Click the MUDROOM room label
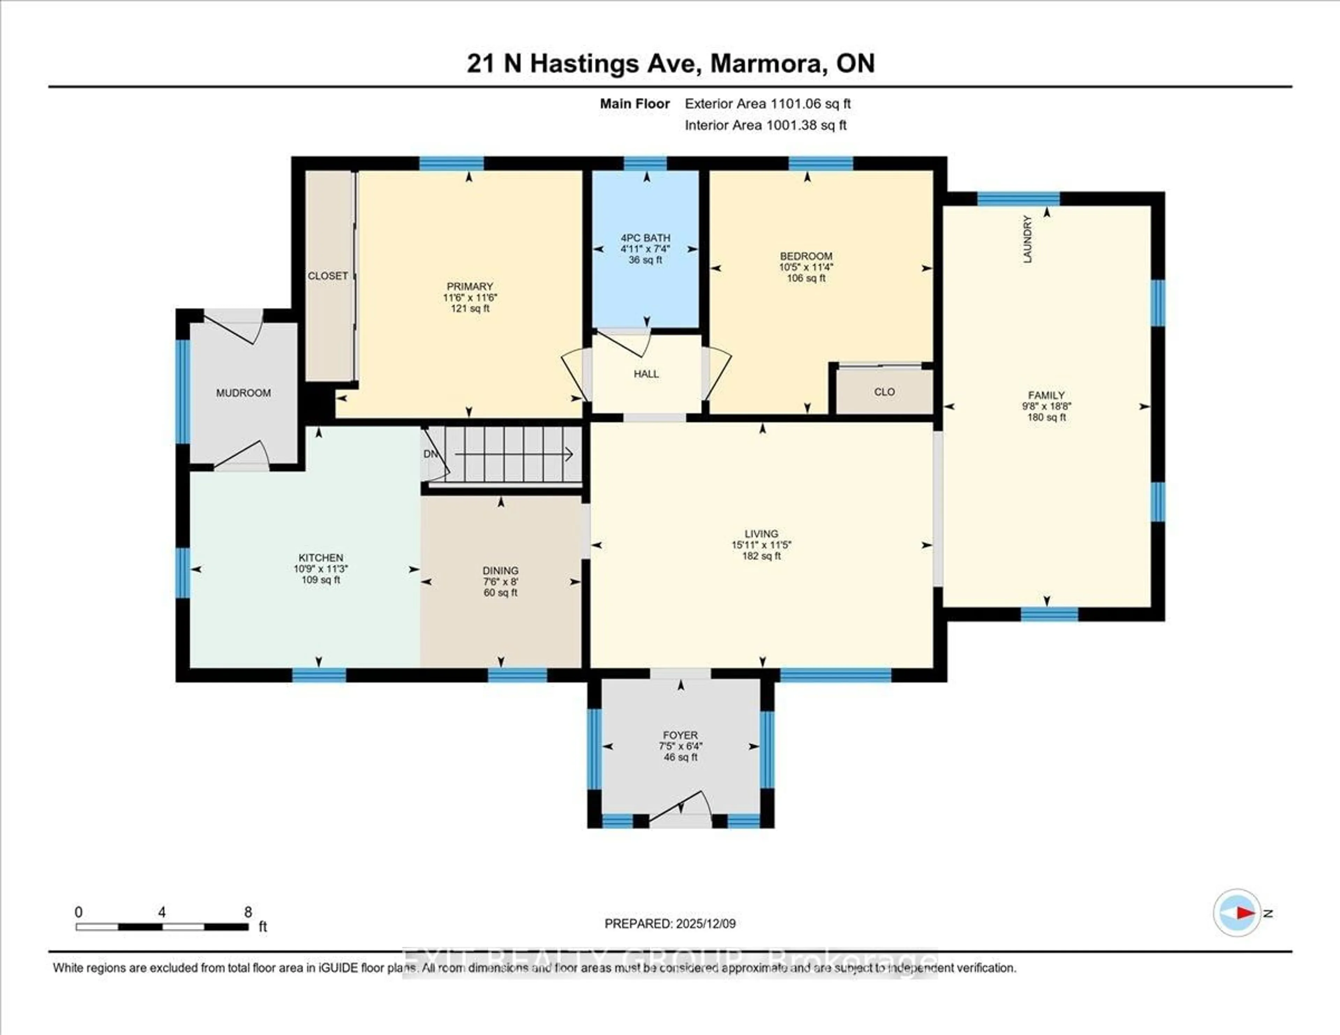click(243, 393)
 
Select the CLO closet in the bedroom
click(884, 392)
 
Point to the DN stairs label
click(431, 454)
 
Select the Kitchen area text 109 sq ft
click(320, 580)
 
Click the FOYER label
click(680, 735)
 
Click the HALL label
click(646, 374)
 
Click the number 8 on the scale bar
click(248, 912)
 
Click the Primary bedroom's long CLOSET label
click(328, 276)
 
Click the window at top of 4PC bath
click(646, 163)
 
